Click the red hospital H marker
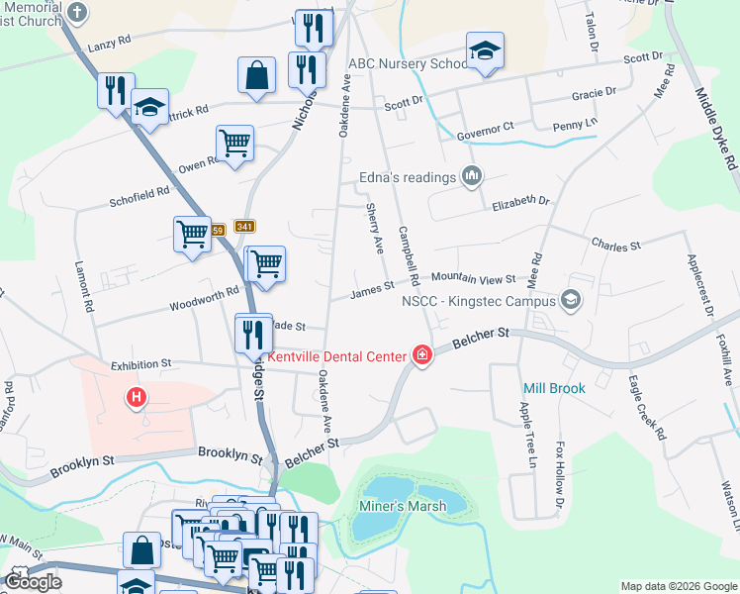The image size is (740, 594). point(137,398)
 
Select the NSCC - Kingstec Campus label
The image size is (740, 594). point(479,299)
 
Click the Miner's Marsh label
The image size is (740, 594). point(402,506)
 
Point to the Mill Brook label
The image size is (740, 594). point(554,389)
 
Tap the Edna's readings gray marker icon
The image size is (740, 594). point(472,177)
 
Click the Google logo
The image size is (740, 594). point(32,582)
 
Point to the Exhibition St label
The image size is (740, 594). point(140,364)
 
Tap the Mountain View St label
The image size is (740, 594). point(473,279)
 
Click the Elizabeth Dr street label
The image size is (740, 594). point(520,202)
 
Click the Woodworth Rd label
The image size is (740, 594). point(204,295)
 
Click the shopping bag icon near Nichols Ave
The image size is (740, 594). point(256,74)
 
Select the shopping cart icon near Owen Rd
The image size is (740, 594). point(235,143)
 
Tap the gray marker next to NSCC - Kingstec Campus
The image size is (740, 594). point(570,299)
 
